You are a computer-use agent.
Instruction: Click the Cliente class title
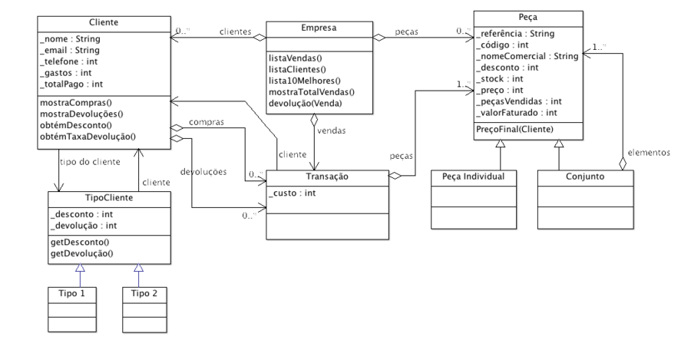point(104,22)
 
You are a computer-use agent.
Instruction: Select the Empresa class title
point(319,28)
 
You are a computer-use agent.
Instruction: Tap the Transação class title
point(327,177)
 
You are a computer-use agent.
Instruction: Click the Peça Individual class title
point(473,177)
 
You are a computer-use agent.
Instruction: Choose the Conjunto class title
point(585,177)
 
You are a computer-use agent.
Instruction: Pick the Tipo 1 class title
point(72,293)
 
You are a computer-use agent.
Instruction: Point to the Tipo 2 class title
point(144,293)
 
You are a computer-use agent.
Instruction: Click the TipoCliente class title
point(109,198)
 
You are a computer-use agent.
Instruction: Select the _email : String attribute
point(70,50)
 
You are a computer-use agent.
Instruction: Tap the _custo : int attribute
point(292,193)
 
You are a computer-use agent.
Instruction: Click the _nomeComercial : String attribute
point(527,56)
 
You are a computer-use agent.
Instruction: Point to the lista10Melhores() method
point(305,81)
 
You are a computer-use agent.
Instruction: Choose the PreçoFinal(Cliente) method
point(514,129)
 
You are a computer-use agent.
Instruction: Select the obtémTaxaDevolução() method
point(88,137)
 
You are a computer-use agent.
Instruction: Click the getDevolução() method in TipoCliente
point(81,253)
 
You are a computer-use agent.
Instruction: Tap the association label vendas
point(332,130)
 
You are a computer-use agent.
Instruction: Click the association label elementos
point(649,153)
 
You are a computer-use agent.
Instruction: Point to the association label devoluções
point(203,172)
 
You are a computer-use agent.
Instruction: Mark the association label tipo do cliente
point(90,162)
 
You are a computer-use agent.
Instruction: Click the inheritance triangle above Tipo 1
point(80,267)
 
